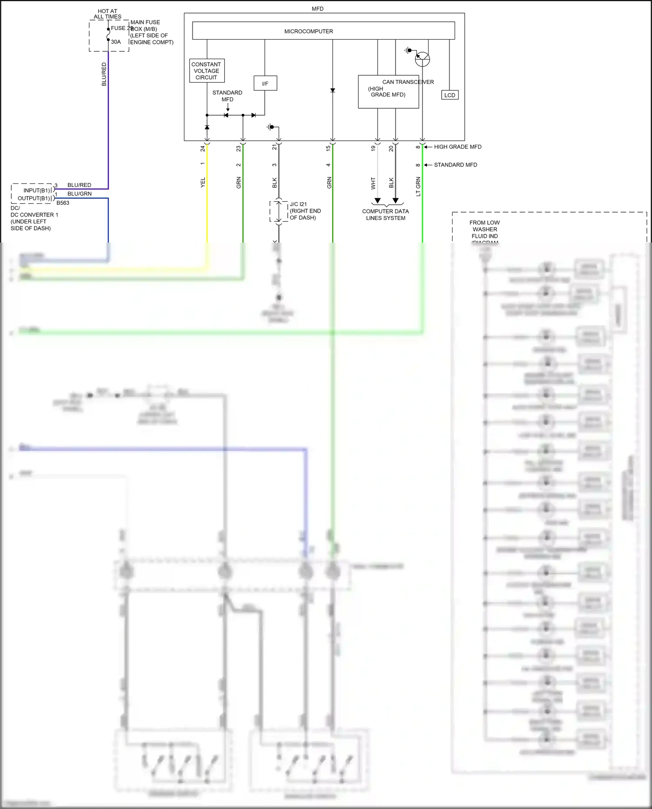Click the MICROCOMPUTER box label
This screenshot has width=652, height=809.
tap(309, 31)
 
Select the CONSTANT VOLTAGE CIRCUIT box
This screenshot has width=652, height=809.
tap(206, 71)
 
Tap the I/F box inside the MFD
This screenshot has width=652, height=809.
tap(265, 83)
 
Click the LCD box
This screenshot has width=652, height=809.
tap(450, 95)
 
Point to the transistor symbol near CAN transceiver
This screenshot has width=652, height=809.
tap(422, 59)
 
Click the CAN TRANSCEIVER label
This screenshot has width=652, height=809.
tap(408, 82)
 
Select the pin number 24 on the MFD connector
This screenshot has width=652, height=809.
tap(203, 149)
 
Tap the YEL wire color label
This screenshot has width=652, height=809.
tap(203, 183)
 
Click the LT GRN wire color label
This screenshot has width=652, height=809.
tap(418, 186)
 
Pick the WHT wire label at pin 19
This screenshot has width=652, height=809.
tap(373, 183)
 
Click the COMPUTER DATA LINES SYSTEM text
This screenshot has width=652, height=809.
tap(386, 215)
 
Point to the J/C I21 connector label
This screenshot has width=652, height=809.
tap(298, 204)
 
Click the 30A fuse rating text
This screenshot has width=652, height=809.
tap(116, 42)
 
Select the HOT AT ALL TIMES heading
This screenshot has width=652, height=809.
tap(107, 14)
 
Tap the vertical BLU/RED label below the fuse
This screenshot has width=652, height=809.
tap(104, 74)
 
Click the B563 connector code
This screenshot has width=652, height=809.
tap(63, 203)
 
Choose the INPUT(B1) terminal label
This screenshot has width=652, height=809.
tap(37, 190)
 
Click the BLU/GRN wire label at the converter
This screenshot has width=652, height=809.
tap(80, 194)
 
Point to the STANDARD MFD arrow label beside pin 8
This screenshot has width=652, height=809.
tap(455, 165)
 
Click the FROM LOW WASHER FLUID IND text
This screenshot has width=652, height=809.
tap(485, 229)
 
